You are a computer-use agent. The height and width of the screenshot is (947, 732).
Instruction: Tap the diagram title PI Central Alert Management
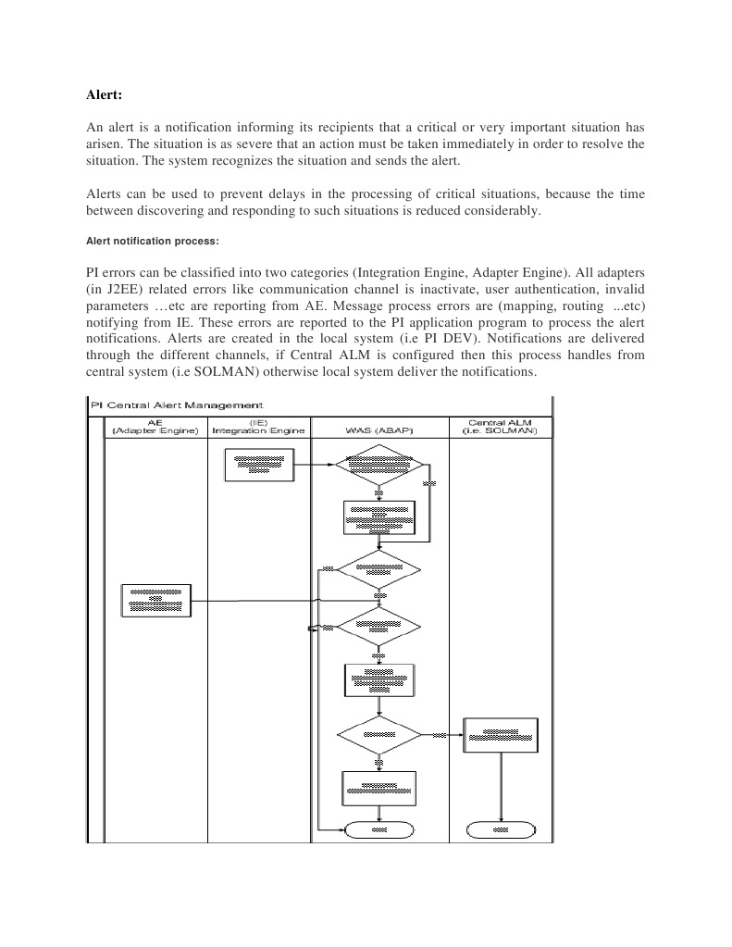click(x=177, y=405)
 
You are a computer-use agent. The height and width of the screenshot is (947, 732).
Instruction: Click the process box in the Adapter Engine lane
click(x=156, y=600)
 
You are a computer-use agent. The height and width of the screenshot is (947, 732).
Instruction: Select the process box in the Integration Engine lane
click(x=259, y=465)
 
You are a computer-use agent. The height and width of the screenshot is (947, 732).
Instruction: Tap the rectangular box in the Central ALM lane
click(x=500, y=735)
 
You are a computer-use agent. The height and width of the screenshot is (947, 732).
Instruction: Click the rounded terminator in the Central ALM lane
click(x=501, y=829)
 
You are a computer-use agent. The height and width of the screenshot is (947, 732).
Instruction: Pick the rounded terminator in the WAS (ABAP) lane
click(x=378, y=829)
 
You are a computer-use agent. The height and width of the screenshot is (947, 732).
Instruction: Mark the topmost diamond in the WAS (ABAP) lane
click(x=378, y=465)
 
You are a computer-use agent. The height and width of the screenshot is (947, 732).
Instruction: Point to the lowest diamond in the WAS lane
click(x=378, y=735)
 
